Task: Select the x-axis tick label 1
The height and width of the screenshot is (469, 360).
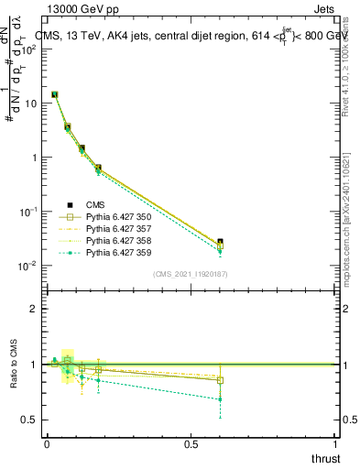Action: tap(335, 443)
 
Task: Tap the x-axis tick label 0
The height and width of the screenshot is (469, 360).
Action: tap(47, 443)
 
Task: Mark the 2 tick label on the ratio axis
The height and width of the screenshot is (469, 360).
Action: tap(33, 309)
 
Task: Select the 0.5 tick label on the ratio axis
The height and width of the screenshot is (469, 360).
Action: tap(29, 420)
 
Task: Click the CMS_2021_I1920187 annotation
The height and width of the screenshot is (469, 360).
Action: tap(191, 273)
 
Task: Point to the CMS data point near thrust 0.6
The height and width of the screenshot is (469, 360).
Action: tap(220, 242)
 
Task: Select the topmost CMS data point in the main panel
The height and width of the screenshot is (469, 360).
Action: tap(54, 94)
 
